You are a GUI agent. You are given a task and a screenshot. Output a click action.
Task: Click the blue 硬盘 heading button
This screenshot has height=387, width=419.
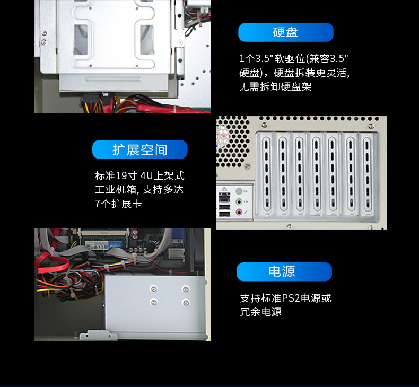(285, 32)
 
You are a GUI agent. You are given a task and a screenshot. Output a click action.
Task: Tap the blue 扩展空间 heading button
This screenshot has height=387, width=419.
(139, 149)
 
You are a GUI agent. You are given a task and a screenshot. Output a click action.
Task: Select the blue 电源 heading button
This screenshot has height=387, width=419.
(284, 271)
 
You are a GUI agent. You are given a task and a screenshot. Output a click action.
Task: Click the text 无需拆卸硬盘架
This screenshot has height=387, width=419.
(275, 86)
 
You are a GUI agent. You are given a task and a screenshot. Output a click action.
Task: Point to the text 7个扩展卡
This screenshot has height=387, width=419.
(118, 204)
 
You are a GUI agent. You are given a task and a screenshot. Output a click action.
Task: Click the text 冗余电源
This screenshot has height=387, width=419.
(260, 312)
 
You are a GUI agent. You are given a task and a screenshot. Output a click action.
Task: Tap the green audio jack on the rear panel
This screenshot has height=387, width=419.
(239, 202)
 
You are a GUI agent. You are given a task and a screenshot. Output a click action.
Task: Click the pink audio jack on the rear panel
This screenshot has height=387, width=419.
(239, 212)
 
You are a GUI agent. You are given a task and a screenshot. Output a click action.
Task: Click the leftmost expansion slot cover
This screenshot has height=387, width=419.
(265, 175)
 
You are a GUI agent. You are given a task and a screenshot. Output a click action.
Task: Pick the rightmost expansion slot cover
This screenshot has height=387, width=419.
(367, 175)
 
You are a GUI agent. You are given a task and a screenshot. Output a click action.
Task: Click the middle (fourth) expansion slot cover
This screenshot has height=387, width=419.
(316, 175)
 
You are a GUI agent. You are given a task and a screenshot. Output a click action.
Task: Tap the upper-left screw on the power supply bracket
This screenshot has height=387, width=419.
(153, 289)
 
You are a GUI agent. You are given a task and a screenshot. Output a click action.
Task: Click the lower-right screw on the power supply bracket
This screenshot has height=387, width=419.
(185, 302)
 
